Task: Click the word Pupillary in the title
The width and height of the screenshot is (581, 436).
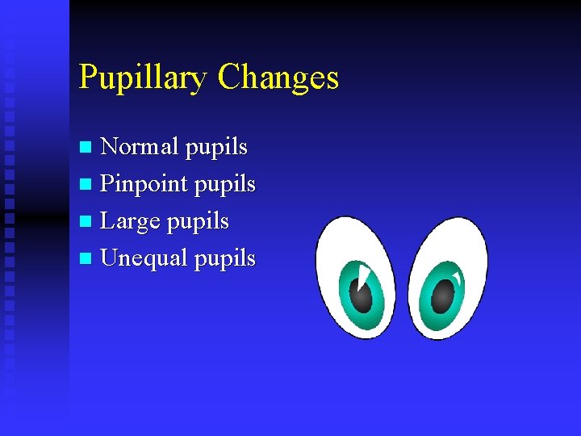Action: pos(144,78)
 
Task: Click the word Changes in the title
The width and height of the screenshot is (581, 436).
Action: pos(278,78)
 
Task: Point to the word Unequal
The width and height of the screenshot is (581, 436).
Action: pos(142,258)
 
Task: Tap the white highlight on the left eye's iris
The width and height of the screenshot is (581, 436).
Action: pos(364,276)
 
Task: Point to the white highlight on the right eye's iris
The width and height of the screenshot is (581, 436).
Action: pos(458,280)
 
